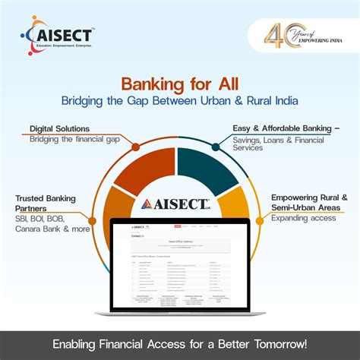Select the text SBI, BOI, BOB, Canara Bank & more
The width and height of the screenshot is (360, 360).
point(52,223)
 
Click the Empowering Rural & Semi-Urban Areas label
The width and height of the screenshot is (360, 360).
point(308,204)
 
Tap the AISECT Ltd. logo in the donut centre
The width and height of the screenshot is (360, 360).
point(179,204)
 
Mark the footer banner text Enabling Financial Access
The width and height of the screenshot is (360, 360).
point(180,345)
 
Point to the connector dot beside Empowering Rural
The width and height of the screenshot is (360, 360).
point(264,207)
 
